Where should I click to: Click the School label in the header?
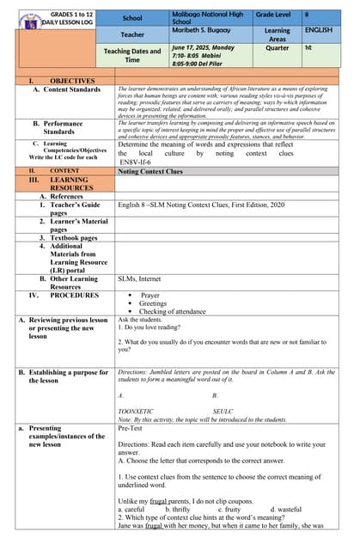point(131,17)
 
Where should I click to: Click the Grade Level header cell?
point(277,15)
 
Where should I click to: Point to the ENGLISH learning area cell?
point(317,30)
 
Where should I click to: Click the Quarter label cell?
point(278,48)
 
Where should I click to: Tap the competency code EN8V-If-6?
point(141,161)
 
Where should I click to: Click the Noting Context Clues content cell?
point(150,171)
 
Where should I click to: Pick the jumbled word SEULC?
point(223,412)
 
